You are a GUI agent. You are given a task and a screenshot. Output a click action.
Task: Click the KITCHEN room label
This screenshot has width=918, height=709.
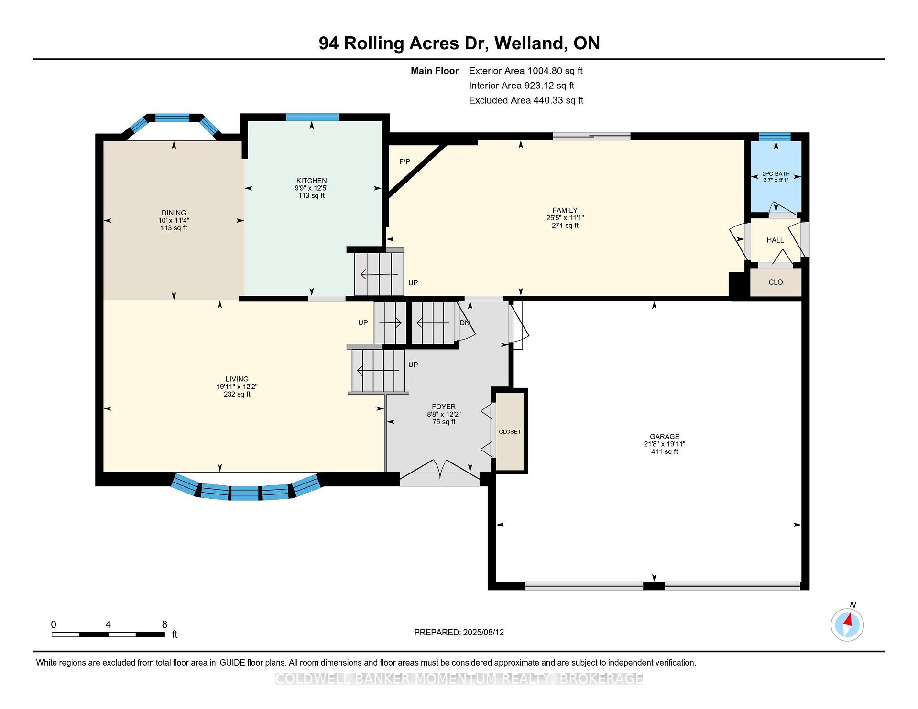(312, 181)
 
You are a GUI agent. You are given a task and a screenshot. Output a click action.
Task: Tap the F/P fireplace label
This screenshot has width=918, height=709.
(404, 161)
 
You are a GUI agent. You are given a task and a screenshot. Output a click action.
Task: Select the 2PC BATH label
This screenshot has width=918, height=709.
(776, 174)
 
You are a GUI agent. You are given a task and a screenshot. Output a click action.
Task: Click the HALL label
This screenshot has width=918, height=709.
(775, 240)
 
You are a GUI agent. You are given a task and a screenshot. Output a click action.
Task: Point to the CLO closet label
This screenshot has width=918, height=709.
(776, 282)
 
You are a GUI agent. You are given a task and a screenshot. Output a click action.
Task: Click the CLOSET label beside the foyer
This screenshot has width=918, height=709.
(510, 432)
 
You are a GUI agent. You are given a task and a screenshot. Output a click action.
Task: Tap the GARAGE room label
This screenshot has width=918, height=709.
(664, 436)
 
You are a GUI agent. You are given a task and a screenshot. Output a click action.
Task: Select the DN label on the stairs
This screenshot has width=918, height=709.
(465, 323)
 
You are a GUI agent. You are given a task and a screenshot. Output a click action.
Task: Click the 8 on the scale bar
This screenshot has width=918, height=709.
(164, 624)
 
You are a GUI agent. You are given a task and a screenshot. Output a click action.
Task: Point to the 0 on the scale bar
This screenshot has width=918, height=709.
(54, 624)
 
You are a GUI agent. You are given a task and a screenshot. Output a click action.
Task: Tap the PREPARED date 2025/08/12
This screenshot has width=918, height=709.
(483, 632)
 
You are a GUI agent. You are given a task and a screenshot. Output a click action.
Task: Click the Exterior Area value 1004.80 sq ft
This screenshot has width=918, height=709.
(555, 71)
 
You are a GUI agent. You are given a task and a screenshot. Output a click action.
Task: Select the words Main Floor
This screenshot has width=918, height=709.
(435, 71)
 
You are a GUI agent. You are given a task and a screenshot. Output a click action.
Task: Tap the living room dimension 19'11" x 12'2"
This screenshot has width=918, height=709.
(237, 387)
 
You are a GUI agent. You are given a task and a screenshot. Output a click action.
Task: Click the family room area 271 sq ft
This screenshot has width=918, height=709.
(565, 226)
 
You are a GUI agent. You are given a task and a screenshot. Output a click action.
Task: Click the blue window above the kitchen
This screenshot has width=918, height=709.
(312, 117)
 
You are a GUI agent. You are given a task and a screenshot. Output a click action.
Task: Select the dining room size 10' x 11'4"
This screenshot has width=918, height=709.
(174, 220)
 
